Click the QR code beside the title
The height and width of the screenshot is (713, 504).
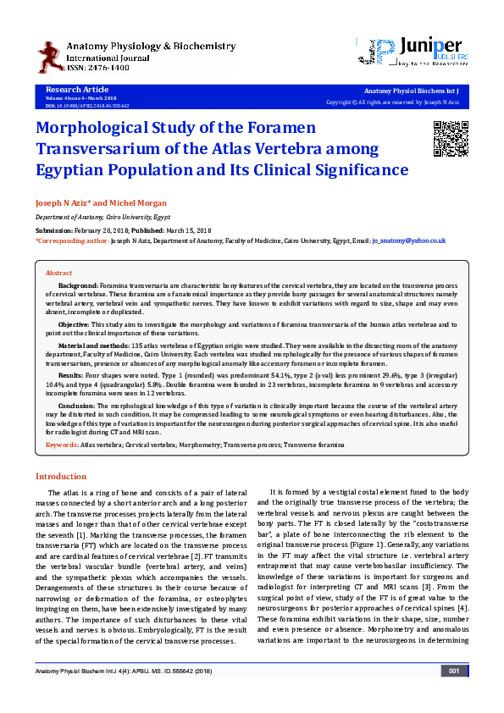pyautogui.click(x=450, y=139)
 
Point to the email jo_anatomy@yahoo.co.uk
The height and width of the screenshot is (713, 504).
pyautogui.click(x=409, y=240)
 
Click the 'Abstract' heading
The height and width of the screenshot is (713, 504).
pyautogui.click(x=58, y=274)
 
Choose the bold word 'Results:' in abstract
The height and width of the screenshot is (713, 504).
pyautogui.click(x=70, y=373)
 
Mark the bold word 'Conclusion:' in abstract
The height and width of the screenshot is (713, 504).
pyautogui.click(x=76, y=406)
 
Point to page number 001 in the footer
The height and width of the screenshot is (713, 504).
pyautogui.click(x=454, y=694)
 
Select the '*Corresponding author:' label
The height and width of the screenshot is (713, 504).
pyautogui.click(x=71, y=240)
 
